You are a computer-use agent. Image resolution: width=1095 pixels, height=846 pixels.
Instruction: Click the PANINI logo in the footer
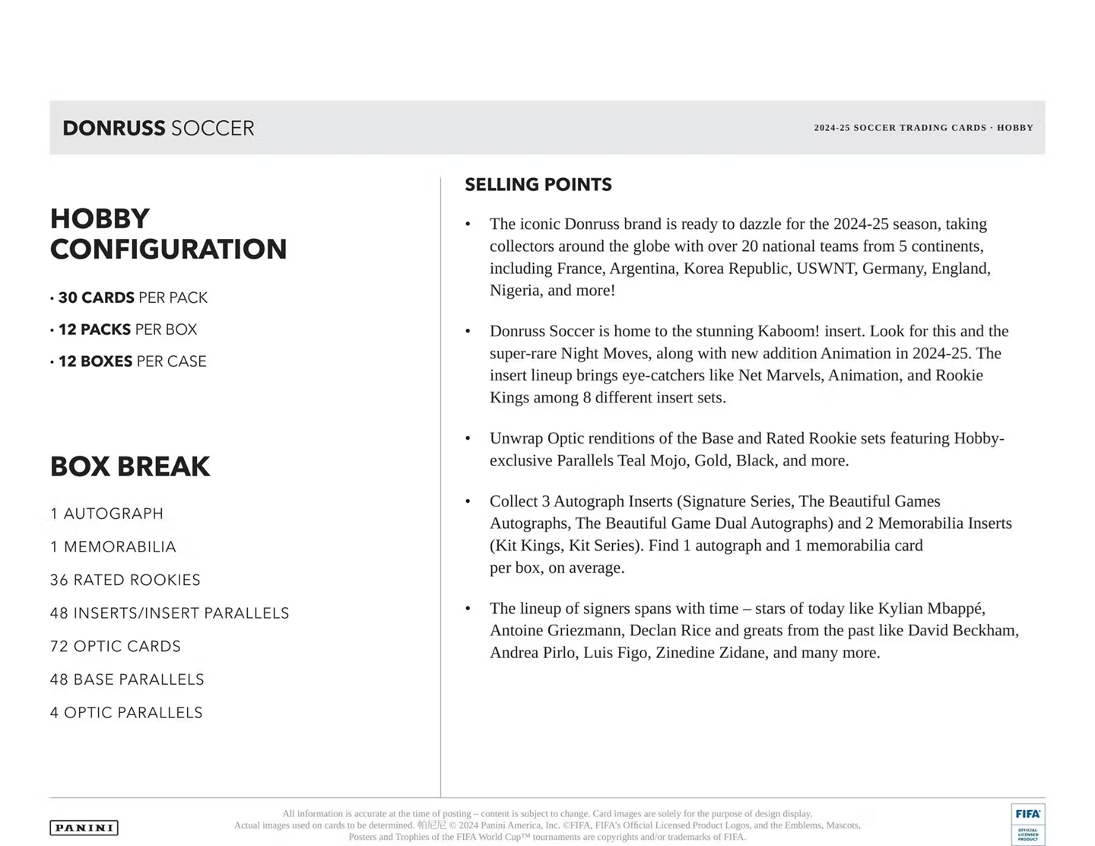point(84,828)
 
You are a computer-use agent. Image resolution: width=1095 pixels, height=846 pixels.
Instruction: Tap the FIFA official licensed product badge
point(1027,824)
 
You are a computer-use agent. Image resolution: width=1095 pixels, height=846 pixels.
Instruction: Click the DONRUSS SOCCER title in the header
point(158,128)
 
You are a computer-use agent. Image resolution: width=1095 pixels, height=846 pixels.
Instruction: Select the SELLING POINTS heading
point(538,185)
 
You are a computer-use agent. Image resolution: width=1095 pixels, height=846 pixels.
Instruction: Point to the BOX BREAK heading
point(130,466)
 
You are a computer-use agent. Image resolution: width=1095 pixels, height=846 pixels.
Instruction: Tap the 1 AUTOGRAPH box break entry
point(106,514)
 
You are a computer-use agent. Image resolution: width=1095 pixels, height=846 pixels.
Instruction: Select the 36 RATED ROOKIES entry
point(125,580)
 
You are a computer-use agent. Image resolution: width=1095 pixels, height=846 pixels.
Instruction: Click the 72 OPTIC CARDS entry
point(116,646)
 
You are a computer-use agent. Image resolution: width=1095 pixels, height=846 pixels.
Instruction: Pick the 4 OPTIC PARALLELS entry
point(126,713)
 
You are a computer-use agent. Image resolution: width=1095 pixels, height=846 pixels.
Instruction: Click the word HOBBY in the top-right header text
point(1015,128)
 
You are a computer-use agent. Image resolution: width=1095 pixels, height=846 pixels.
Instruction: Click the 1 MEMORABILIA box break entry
point(113,547)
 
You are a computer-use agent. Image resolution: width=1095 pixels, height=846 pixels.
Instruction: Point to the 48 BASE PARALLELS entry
point(127,679)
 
